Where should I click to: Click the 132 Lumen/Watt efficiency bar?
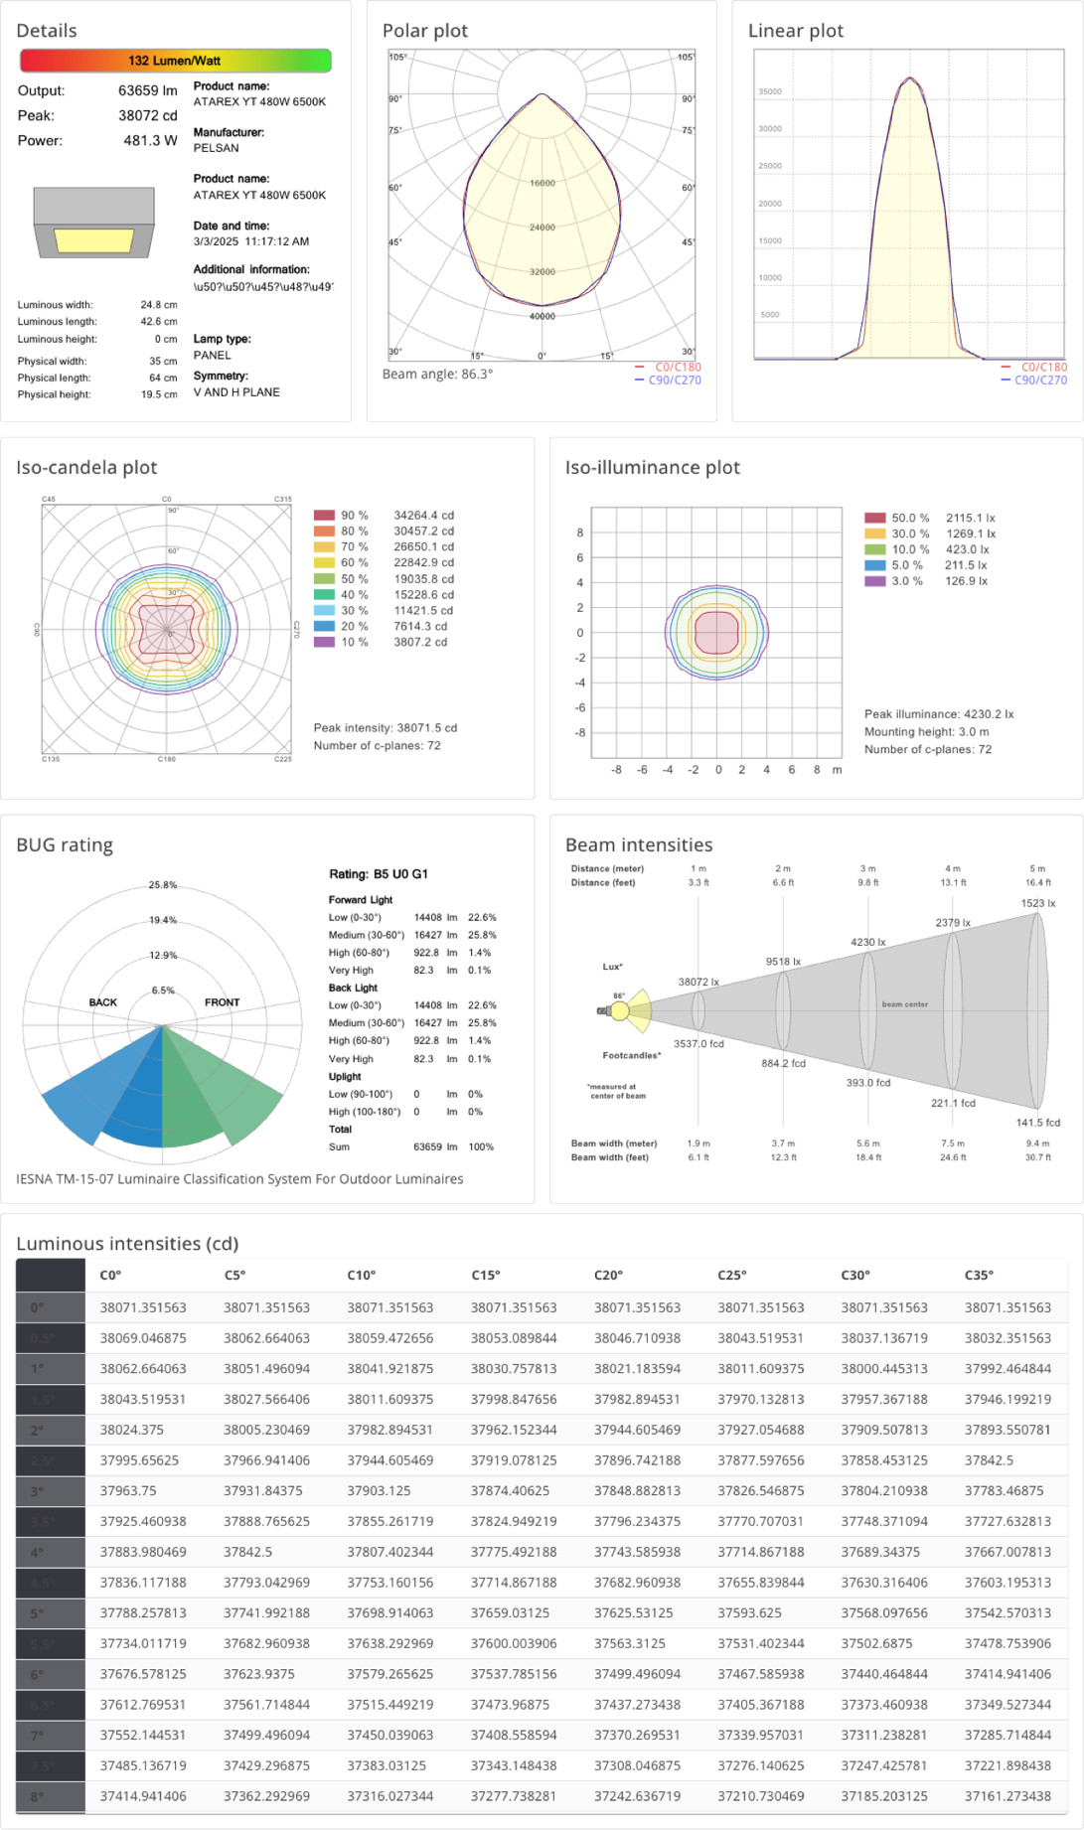[x=175, y=61]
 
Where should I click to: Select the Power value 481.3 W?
[x=148, y=141]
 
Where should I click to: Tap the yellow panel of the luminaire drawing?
[x=94, y=240]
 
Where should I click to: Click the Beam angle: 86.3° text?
[x=437, y=375]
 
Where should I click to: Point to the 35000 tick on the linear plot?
[x=770, y=92]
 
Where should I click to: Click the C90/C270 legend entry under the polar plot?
[x=675, y=381]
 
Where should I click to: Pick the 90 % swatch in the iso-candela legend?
[x=324, y=516]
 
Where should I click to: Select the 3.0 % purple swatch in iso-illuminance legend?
[x=874, y=581]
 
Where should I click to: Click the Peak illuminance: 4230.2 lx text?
[x=939, y=714]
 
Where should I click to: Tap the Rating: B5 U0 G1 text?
[x=379, y=874]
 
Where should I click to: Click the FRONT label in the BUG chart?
[x=222, y=1002]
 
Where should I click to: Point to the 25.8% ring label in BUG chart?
[x=163, y=885]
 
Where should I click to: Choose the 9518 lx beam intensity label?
[x=783, y=962]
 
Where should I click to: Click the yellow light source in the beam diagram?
[x=620, y=1011]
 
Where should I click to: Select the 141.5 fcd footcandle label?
[x=1037, y=1123]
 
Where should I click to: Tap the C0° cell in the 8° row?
[x=143, y=1796]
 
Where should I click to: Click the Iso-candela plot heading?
[x=86, y=468]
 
